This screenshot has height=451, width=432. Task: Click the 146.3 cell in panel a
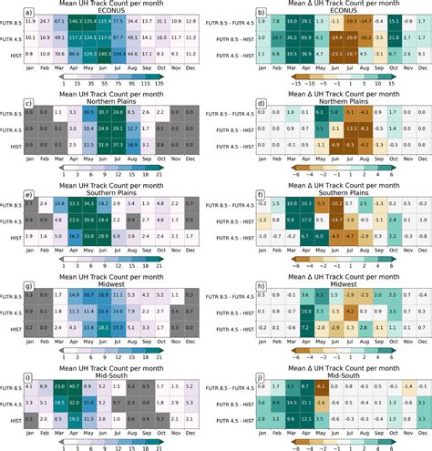pyautogui.click(x=75, y=20)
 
